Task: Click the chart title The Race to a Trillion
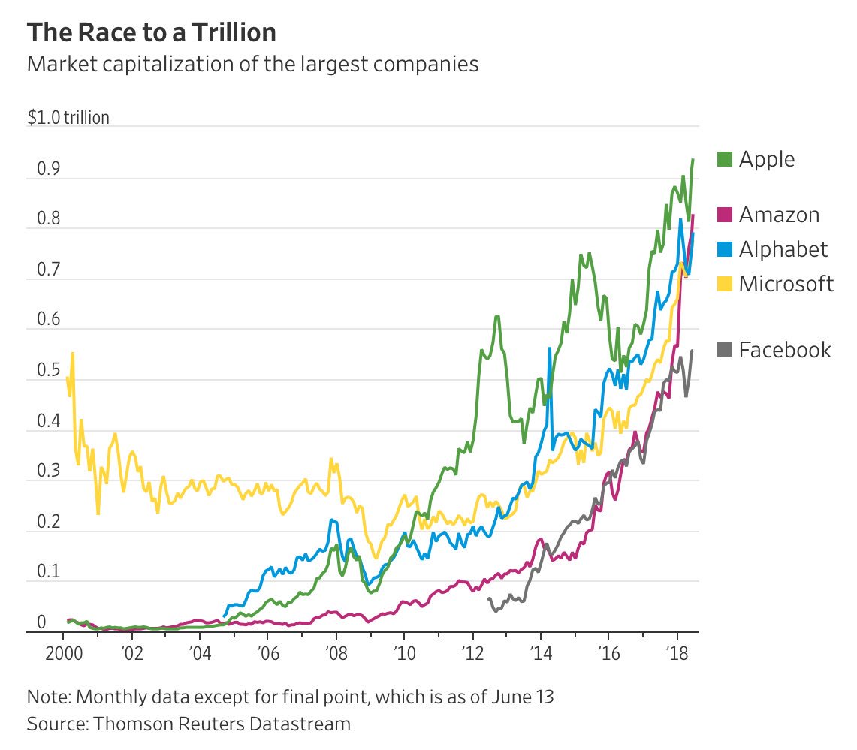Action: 151,33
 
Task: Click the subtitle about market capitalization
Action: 252,65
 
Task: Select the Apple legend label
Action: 766,159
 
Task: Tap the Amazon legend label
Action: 779,215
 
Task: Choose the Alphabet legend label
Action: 783,249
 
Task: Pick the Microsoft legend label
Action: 786,284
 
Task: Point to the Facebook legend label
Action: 785,350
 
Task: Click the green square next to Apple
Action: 724,159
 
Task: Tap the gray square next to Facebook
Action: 724,350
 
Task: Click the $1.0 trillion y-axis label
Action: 68,118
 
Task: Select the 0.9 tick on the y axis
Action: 37,169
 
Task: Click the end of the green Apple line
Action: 693,160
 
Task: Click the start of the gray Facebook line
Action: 488,598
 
